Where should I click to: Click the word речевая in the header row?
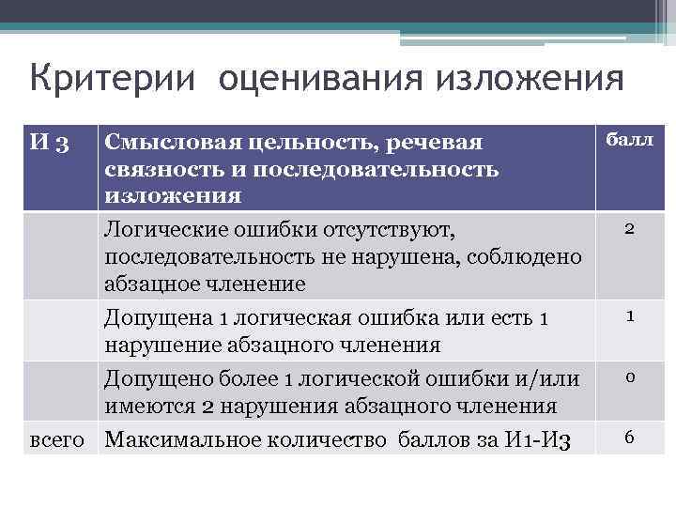coord(437,144)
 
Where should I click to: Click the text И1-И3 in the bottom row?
coord(534,438)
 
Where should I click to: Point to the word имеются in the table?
coord(150,407)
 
